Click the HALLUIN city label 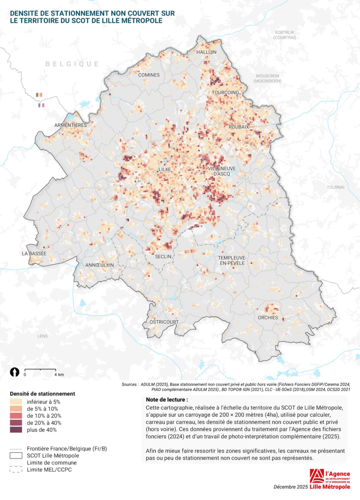[207, 52]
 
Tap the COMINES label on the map [149, 75]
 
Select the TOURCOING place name [225, 92]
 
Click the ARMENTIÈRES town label [71, 125]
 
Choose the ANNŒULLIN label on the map [99, 265]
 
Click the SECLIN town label [164, 256]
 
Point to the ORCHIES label [268, 318]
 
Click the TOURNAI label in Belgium [336, 187]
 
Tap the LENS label [43, 336]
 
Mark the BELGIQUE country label [72, 64]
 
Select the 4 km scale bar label [59, 375]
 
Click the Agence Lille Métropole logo [330, 479]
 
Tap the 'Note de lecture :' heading [167, 400]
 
